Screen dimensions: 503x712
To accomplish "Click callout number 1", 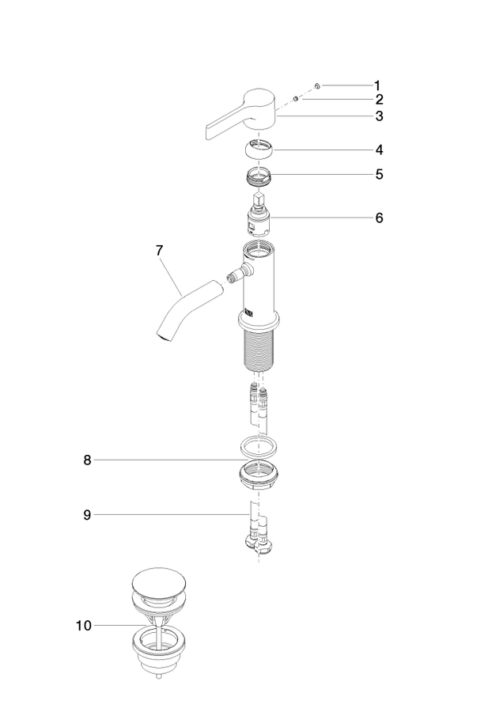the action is [x=376, y=85].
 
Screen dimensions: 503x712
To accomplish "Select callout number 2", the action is [x=379, y=100].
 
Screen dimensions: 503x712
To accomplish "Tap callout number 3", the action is [x=379, y=116].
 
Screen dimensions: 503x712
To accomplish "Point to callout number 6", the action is [x=379, y=218].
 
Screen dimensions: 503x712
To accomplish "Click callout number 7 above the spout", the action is [x=159, y=250].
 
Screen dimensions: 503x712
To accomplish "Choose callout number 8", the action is [x=87, y=460].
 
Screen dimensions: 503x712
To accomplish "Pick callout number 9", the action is [x=87, y=515].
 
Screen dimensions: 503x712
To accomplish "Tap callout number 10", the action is [x=84, y=626].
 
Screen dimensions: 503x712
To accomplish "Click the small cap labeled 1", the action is [x=317, y=85].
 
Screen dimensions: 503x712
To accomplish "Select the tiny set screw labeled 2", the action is [x=296, y=98].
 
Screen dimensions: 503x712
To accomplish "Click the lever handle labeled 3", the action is [x=243, y=112].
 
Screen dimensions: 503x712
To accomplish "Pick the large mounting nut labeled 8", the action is [x=259, y=474].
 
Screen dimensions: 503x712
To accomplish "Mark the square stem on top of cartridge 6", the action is [x=258, y=199].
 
